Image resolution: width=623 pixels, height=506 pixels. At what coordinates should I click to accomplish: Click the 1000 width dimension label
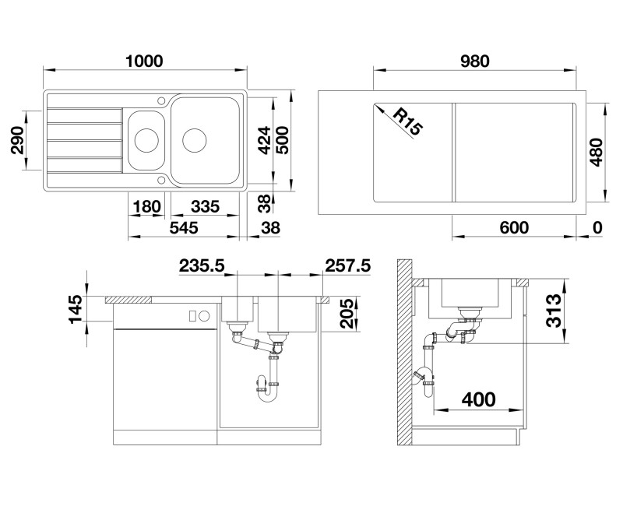coord(144,61)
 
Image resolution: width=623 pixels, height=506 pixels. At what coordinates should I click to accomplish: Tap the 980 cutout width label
coord(475,61)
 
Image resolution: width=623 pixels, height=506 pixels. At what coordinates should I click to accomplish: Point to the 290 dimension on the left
coord(17,140)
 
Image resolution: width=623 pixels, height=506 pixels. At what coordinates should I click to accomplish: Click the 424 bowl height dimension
coord(264,140)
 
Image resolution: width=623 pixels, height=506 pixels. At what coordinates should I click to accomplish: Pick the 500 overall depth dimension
coord(282,140)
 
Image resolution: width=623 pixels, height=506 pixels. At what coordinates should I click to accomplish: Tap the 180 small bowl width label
coord(146,207)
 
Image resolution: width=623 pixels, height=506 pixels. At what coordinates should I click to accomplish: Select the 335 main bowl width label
coord(205,206)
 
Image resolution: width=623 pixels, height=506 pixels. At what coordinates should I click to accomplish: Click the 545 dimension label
coord(184,228)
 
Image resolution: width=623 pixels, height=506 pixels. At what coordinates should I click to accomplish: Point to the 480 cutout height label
coord(596,152)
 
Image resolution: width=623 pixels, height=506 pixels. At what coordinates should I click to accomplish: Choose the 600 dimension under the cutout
coord(514,228)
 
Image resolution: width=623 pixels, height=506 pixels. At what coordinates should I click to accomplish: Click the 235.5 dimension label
coord(202,265)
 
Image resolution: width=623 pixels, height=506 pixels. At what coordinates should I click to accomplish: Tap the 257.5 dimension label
coord(347,265)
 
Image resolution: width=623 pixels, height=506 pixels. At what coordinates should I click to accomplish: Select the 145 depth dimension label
coord(76,309)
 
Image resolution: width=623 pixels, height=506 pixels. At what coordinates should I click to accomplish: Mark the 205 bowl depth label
coord(347,314)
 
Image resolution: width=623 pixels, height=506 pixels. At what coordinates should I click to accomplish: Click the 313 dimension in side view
coord(553,311)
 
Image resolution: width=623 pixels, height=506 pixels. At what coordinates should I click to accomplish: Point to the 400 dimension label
coord(478,399)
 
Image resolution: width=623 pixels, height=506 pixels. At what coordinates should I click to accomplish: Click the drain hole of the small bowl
coord(146,140)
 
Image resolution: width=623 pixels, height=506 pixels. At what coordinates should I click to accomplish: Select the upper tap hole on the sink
coord(161,100)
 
